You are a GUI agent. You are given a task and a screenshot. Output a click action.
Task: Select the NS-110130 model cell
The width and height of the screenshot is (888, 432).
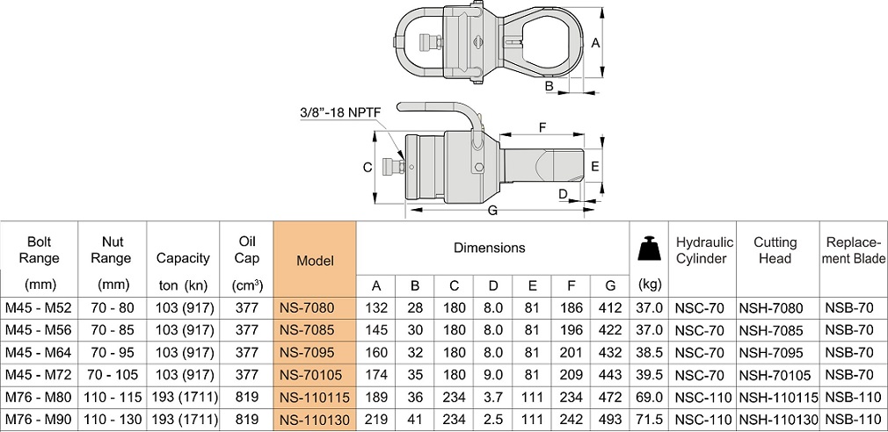pos(315,421)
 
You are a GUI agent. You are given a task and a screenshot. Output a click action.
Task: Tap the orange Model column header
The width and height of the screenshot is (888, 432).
pos(315,261)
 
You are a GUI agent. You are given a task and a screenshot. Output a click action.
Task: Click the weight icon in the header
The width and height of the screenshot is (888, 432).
pos(650,248)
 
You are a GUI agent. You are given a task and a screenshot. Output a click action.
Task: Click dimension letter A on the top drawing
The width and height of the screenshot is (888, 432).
pos(595,42)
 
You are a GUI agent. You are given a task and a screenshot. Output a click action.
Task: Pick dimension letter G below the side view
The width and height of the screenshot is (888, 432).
pos(492,211)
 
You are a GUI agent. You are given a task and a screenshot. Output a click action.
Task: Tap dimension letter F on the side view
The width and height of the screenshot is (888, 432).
pos(542,127)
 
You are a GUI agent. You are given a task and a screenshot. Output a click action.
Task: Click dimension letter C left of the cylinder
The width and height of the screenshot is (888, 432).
pos(368,167)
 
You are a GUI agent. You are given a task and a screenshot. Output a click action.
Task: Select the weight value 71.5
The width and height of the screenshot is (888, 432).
pos(650,421)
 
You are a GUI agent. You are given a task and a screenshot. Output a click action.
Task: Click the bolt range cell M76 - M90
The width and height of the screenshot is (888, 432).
pos(37,421)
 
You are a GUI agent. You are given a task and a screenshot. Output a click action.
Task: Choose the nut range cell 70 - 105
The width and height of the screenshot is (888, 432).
pos(112,375)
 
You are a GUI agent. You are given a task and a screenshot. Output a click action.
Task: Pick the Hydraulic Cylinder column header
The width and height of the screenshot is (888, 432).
pos(702,250)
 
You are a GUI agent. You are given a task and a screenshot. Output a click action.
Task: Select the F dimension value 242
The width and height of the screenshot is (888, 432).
pos(571,421)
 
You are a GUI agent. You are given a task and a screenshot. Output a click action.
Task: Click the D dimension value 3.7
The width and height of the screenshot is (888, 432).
pos(493,398)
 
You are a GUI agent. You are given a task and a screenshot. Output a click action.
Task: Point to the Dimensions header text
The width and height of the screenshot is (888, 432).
pos(489,248)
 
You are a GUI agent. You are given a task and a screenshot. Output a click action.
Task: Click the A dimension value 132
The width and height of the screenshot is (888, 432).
pos(375,307)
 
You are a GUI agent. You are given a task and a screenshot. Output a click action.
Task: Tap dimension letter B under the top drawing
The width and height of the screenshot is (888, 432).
pos(549,86)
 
